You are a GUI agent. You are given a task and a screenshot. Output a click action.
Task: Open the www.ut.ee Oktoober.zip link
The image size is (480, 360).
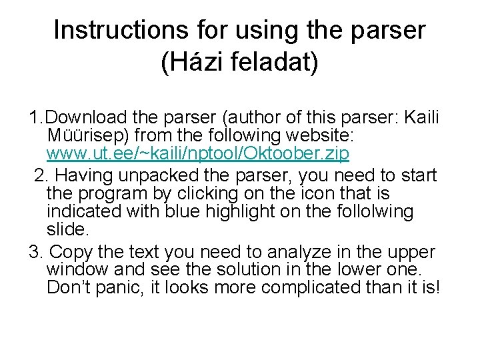point(198,154)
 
